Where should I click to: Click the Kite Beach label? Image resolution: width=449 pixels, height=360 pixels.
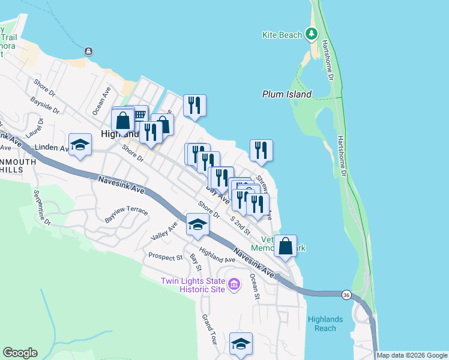pos(282,35)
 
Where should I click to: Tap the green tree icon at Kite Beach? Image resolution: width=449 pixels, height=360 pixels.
pos(312,34)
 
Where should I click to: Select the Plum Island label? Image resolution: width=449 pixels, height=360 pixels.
pos(287,94)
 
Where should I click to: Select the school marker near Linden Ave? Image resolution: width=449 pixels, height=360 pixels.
pos(80,145)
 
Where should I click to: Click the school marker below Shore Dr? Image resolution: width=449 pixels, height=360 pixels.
pos(197,225)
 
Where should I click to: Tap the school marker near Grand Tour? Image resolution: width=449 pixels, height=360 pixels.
pos(241,344)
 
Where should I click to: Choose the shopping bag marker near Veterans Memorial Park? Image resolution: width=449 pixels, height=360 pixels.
pos(286,245)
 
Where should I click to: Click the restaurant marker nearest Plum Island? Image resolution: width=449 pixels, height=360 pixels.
pos(261,150)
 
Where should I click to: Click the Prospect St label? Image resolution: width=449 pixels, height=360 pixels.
pos(166,257)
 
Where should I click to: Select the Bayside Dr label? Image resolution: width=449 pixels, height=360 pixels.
pos(44,106)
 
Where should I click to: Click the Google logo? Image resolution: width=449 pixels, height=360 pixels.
pos(20,353)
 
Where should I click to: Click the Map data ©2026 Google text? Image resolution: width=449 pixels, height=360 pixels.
pos(412,355)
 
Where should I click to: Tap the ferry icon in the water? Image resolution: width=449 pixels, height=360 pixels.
pos(89,52)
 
